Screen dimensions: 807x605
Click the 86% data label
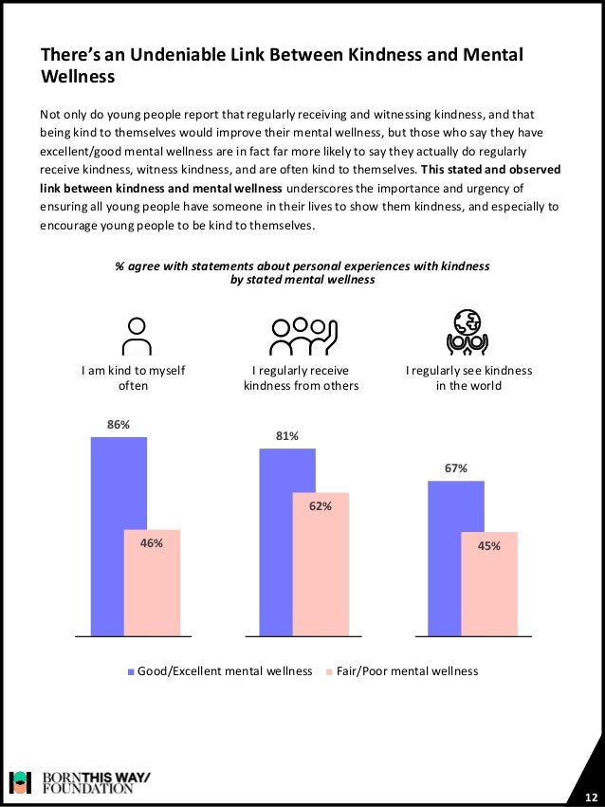[x=118, y=426]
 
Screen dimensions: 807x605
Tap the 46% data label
[x=152, y=543]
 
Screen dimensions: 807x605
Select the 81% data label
[x=287, y=436]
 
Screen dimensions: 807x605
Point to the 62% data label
[x=321, y=506]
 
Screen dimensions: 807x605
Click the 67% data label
[x=455, y=468]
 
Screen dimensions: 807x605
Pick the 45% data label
[x=489, y=545]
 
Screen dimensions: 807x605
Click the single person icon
[x=138, y=333]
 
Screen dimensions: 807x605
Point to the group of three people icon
[x=302, y=333]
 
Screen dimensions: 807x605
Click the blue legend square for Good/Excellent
[x=132, y=672]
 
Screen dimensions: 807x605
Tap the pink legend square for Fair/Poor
[x=330, y=672]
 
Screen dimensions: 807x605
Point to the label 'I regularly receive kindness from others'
[x=302, y=378]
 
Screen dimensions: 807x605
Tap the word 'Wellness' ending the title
[x=78, y=76]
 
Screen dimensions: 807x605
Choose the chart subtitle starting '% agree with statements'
[x=302, y=273]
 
